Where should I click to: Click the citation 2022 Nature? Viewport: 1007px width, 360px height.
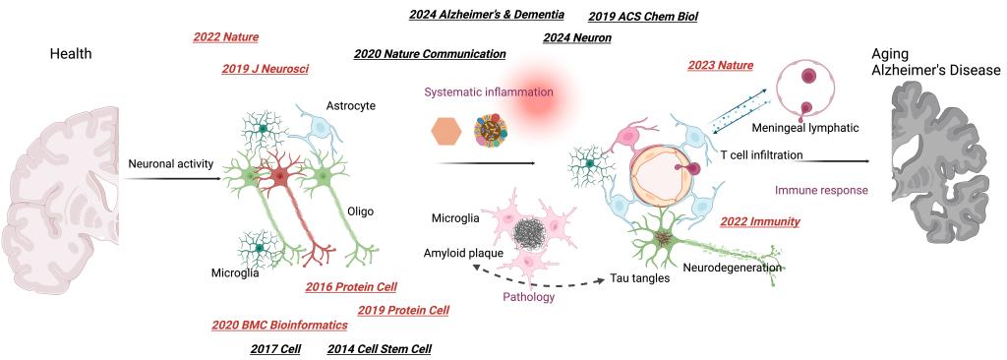[x=225, y=37]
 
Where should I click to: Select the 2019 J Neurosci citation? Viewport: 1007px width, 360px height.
[x=265, y=69]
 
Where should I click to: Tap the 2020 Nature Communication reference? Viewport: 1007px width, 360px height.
[x=430, y=54]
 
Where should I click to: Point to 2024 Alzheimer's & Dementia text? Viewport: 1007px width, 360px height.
[x=487, y=14]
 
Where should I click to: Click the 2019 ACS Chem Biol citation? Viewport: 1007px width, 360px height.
[x=642, y=17]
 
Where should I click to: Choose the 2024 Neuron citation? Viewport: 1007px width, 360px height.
[x=576, y=38]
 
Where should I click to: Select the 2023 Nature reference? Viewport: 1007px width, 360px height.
[x=720, y=65]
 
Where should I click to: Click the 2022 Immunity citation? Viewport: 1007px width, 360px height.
[x=760, y=221]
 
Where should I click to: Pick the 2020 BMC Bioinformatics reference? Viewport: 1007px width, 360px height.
[x=279, y=326]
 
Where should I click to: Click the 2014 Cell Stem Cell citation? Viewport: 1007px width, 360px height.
[x=379, y=349]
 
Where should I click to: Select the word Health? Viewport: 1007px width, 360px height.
[x=71, y=54]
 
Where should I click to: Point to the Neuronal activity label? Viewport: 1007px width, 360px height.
[x=171, y=164]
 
